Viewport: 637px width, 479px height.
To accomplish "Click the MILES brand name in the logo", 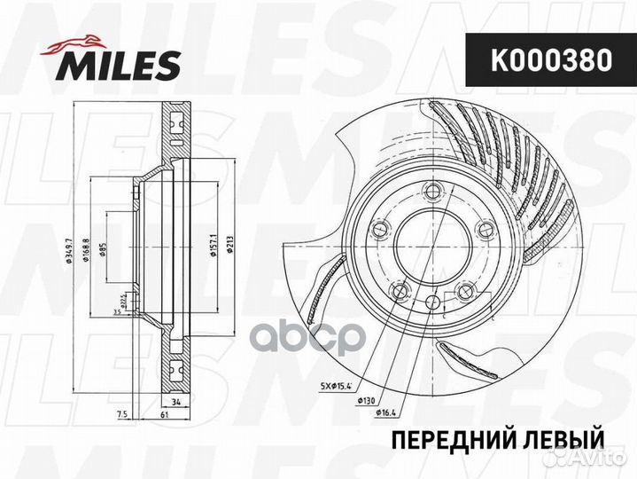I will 120,65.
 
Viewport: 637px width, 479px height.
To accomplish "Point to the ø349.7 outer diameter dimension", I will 68,244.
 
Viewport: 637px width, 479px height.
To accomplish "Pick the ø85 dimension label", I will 104,248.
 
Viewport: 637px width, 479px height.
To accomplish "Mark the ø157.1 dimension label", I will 214,245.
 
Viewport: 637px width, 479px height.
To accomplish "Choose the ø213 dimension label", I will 229,244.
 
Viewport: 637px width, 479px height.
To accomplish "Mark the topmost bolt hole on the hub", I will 431,191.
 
